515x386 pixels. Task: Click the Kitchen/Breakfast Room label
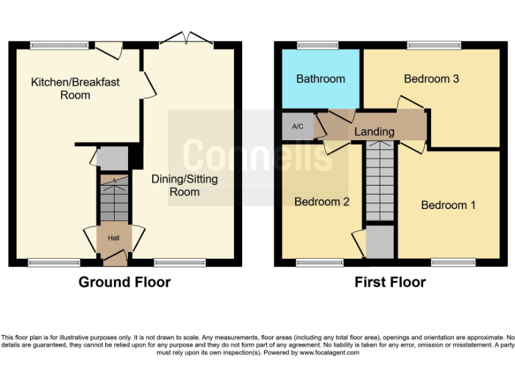click(75, 88)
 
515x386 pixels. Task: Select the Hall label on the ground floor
click(114, 237)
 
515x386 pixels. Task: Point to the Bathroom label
click(321, 78)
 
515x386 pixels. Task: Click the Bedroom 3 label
click(431, 78)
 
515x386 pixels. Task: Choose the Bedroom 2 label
click(322, 201)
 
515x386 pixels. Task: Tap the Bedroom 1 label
click(448, 205)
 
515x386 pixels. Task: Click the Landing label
click(374, 131)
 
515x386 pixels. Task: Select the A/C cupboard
click(298, 126)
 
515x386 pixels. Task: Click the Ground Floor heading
click(125, 282)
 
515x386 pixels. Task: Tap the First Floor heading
click(390, 282)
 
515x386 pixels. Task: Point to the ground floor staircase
click(113, 198)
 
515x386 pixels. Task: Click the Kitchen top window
click(60, 46)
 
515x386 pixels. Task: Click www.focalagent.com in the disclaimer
click(329, 352)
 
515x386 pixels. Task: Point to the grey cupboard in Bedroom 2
click(380, 241)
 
